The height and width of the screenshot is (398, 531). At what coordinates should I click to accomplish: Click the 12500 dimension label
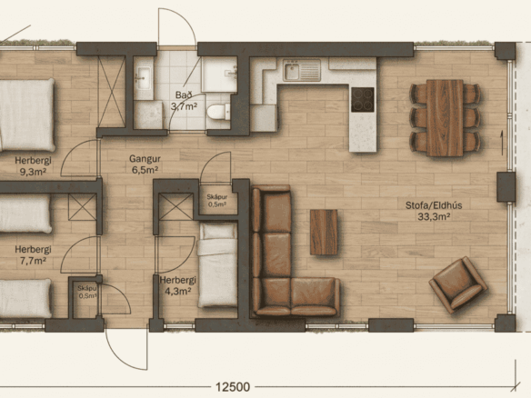(233, 387)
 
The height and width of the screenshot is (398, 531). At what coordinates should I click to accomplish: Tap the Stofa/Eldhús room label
(434, 211)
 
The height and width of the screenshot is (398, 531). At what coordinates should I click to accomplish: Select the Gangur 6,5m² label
(145, 164)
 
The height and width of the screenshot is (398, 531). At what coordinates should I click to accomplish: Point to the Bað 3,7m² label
(184, 101)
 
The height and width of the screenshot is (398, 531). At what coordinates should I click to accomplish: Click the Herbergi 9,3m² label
(33, 165)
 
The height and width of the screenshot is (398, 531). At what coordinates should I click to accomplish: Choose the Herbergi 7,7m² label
(33, 255)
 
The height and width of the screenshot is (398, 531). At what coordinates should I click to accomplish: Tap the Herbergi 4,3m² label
(178, 285)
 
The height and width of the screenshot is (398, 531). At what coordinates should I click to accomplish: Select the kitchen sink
(302, 70)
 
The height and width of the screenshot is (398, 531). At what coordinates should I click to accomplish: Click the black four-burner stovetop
(363, 100)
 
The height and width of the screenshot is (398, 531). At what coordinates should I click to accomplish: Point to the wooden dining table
(445, 118)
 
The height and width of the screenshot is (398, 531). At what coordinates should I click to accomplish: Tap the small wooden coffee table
(324, 233)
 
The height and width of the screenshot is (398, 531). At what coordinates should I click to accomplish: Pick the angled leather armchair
(458, 284)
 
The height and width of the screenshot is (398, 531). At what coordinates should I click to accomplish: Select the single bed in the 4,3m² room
(217, 265)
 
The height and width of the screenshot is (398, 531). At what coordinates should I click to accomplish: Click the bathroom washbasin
(144, 78)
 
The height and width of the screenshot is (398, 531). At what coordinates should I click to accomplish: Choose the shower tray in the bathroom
(219, 75)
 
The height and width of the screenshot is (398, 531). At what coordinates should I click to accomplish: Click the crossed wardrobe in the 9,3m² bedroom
(112, 92)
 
